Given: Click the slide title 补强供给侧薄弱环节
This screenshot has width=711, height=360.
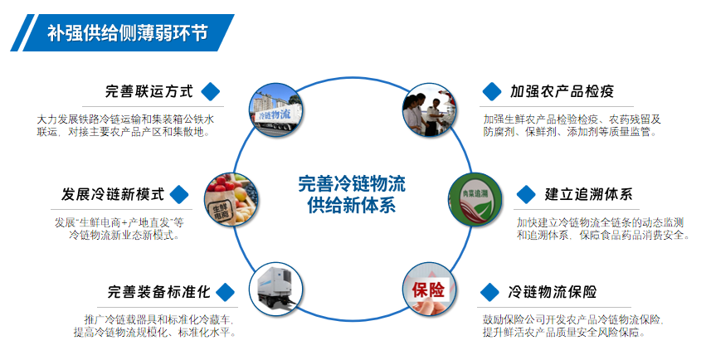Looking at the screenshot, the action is tap(128, 33).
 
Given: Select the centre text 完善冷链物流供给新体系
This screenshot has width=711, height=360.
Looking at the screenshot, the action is tap(352, 194).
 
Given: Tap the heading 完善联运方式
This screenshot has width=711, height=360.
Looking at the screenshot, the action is tap(149, 91).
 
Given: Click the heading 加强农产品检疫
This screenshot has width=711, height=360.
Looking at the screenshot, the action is tap(562, 91).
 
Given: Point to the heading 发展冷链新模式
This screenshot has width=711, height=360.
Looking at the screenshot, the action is tap(113, 194).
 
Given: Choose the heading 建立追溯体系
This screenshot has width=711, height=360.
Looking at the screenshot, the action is tap(588, 194).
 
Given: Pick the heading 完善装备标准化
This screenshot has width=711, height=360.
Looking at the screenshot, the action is tap(158, 291).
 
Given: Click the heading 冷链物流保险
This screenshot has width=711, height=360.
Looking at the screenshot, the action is tap(552, 291).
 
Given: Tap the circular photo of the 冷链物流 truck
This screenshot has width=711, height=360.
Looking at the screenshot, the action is tap(275, 110).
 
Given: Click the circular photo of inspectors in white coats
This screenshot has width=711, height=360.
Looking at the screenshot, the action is tap(430, 110).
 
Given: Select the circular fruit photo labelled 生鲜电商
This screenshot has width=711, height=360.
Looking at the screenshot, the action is tap(231, 200).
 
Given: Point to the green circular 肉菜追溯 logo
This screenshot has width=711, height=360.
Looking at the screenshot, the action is tap(475, 200).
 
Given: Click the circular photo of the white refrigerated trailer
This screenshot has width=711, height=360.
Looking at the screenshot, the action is tap(275, 289).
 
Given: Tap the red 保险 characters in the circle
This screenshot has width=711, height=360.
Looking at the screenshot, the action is tap(428, 289).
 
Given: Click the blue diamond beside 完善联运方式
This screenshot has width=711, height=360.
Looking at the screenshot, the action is tap(211, 91).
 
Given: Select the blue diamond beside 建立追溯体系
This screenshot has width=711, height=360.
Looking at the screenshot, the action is tap(526, 194).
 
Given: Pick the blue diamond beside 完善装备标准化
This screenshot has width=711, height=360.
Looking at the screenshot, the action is tap(226, 292).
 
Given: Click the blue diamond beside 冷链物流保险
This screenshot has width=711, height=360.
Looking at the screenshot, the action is tap(489, 292).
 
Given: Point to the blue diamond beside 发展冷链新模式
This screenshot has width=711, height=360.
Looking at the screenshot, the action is tap(179, 194).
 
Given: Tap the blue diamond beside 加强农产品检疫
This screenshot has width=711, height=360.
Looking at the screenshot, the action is tap(492, 91).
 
